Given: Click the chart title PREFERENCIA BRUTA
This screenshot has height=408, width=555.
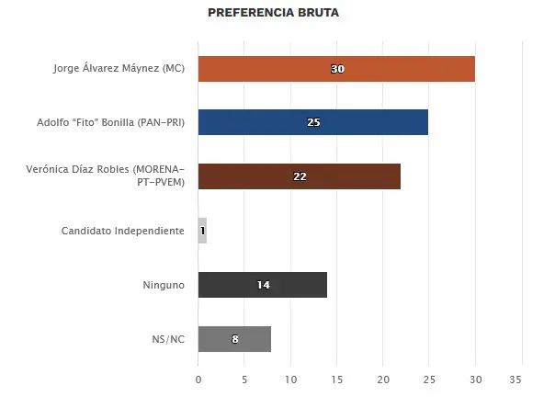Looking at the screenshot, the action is point(273,13).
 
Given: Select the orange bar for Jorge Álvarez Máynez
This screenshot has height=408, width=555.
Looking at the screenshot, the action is point(336,69).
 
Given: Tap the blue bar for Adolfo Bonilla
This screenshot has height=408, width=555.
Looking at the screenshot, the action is point(313,122).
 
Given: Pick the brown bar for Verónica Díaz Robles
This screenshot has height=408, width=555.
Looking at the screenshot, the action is point(300,176).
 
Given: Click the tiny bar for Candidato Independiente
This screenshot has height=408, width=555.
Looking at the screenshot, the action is point(202,231).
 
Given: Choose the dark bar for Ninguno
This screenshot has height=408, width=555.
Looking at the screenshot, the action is point(263,285).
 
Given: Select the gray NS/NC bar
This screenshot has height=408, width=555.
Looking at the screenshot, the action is point(234,339).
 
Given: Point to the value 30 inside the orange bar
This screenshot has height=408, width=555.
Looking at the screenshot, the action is point(337,69).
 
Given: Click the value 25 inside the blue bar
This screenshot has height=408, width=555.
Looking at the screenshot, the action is point(313,122).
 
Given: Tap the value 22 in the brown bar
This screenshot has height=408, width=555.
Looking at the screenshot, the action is point(300,176).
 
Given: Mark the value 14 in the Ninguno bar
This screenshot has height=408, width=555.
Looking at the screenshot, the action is point(264,285).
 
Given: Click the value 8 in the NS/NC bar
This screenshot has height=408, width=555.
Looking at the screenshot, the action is point(235,339).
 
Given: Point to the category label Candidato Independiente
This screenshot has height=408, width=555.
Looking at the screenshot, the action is point(123,231).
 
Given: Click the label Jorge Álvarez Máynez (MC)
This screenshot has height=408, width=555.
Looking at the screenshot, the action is point(119,68).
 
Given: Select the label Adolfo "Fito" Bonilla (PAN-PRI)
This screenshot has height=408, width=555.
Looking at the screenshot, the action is point(111,122).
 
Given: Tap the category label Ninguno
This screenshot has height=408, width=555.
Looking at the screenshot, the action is point(164,285).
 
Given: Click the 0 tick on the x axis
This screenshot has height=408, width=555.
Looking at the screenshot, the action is point(198,380).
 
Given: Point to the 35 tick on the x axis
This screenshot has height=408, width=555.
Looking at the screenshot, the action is point(515,380).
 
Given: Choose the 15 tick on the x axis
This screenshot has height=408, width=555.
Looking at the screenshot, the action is point(337,380).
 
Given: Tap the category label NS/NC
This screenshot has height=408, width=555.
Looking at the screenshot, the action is point(168,339).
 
